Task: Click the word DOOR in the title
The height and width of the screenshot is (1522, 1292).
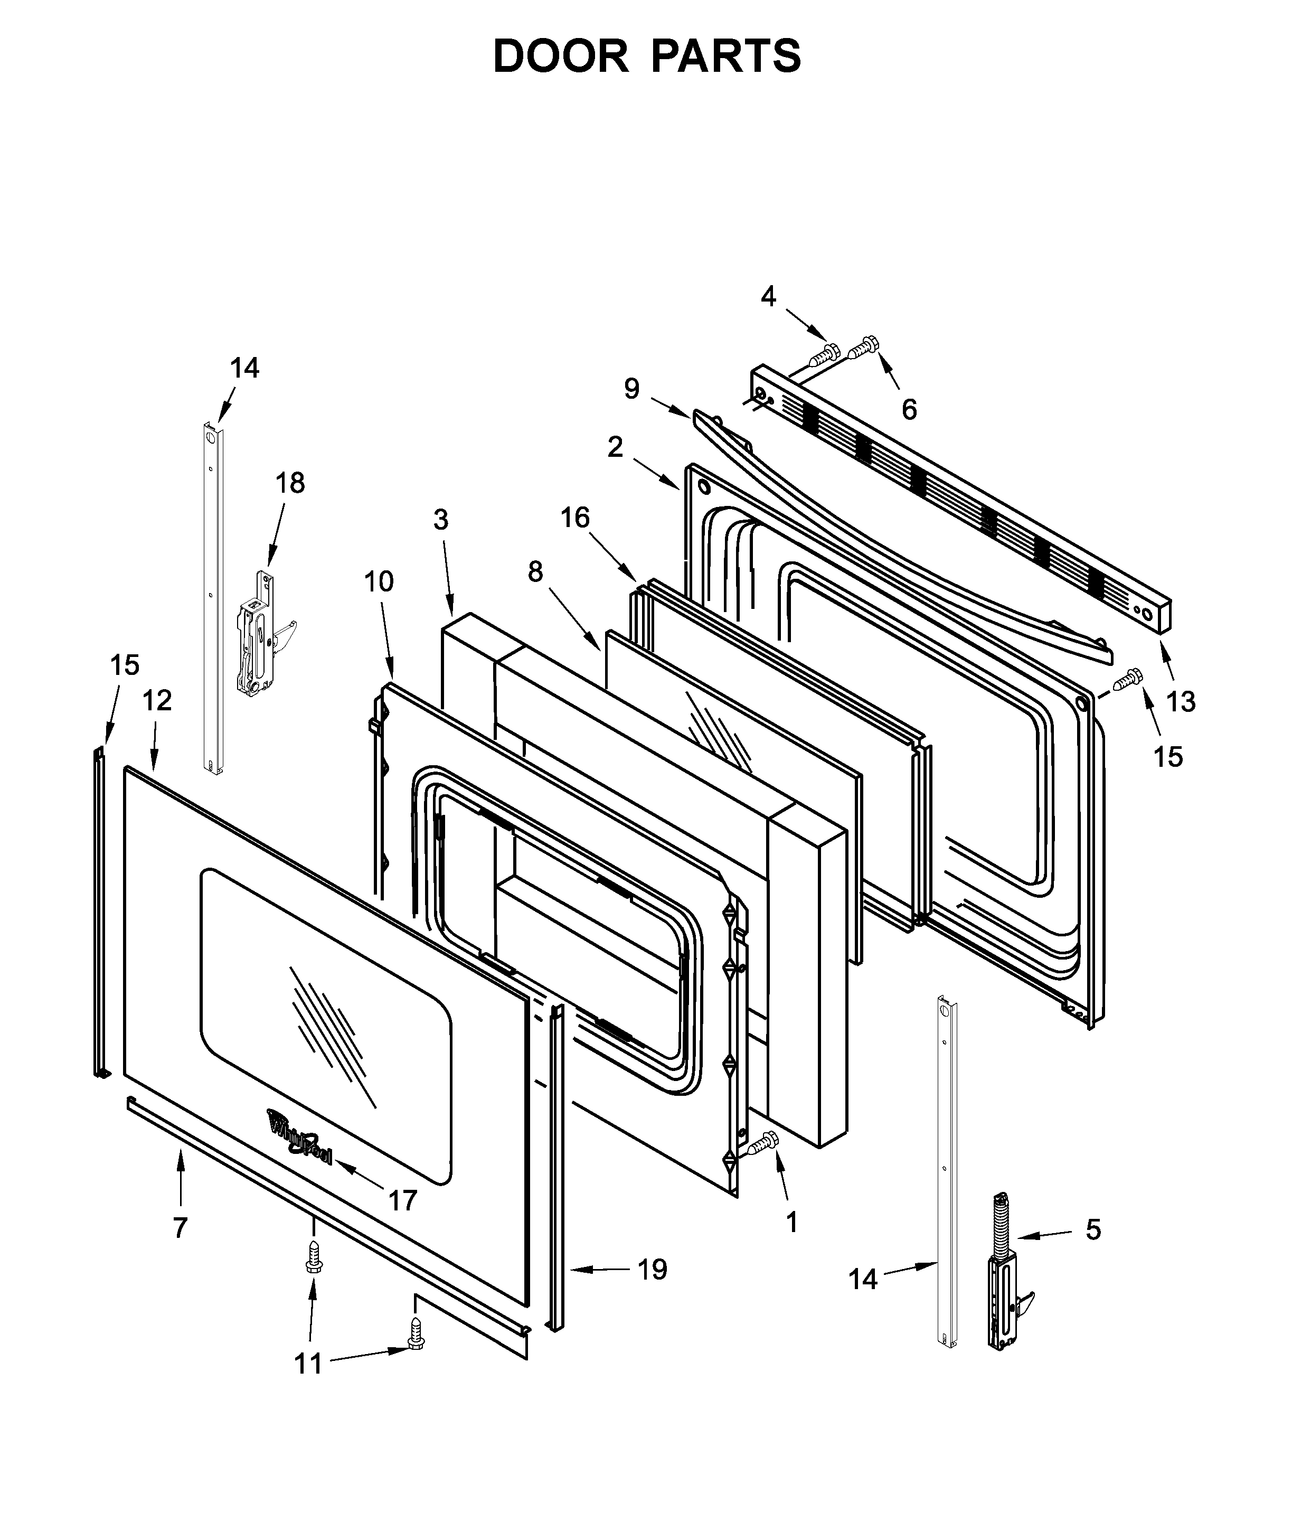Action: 560,57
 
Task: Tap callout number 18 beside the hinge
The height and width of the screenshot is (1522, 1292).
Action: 290,483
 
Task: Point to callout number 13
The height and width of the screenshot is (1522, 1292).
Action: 1181,702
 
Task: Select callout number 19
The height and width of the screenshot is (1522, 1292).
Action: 652,1270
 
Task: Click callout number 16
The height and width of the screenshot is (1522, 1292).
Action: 575,518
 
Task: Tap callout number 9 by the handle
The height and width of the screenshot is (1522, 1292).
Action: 631,388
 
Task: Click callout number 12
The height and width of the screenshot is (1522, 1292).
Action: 157,700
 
